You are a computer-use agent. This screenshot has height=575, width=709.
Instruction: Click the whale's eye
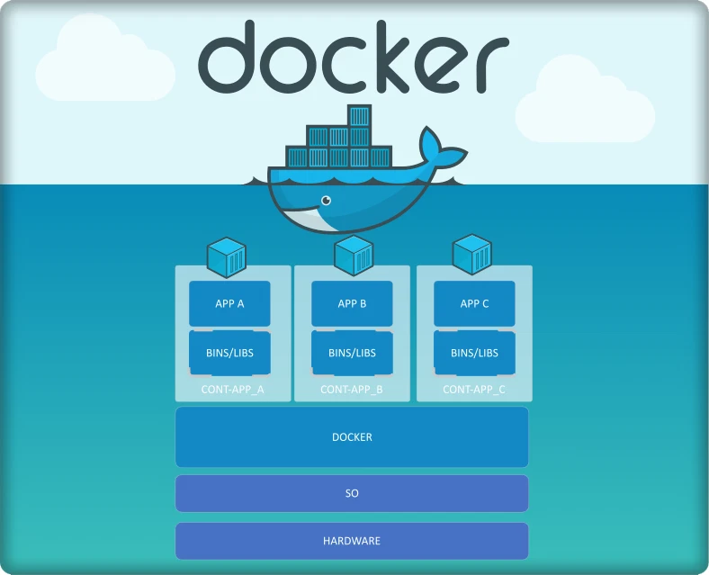point(326,200)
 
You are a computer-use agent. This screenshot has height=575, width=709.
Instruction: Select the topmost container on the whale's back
point(359,116)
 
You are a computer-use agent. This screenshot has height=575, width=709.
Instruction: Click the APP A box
point(229,303)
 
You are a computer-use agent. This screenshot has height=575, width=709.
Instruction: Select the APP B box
point(352,303)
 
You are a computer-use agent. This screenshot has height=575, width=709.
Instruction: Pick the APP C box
point(474,303)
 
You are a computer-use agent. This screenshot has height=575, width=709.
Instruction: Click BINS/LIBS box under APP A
point(229,353)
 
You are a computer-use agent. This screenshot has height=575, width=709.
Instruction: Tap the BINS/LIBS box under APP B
point(352,353)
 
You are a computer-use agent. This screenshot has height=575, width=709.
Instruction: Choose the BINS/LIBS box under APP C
point(474,353)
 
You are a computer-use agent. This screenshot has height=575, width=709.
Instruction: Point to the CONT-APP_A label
point(233,391)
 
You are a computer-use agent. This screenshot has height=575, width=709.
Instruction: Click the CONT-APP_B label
point(352,391)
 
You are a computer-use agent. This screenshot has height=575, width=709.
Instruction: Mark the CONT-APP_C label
point(474,391)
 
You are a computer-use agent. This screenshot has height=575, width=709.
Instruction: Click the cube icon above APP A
point(227,256)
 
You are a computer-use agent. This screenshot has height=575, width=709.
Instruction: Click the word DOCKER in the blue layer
point(352,437)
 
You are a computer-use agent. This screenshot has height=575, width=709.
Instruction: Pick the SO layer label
point(352,494)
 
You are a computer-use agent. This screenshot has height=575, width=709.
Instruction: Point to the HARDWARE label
point(352,541)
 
